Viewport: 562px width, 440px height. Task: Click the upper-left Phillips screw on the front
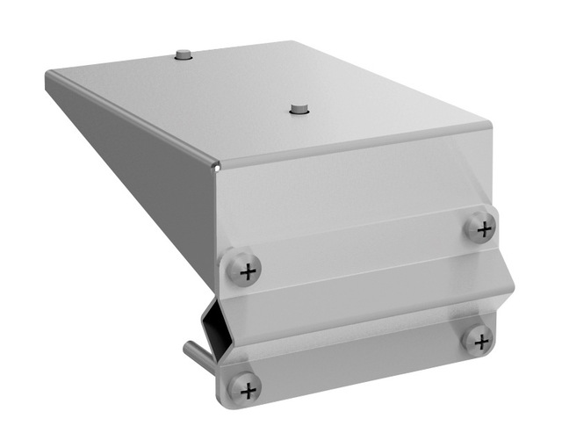(245, 269)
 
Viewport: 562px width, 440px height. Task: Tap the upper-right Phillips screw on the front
(480, 227)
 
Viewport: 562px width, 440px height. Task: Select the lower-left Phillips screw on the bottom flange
(244, 386)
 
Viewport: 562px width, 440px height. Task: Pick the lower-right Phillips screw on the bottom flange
(479, 338)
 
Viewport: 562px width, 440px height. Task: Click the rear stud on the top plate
(183, 55)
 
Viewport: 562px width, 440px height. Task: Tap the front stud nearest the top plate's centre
(299, 110)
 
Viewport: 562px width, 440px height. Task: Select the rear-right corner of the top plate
(290, 40)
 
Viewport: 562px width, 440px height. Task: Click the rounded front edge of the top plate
(351, 146)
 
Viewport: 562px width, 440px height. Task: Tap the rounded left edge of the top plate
(132, 119)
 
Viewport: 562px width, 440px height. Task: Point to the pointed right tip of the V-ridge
(513, 289)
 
